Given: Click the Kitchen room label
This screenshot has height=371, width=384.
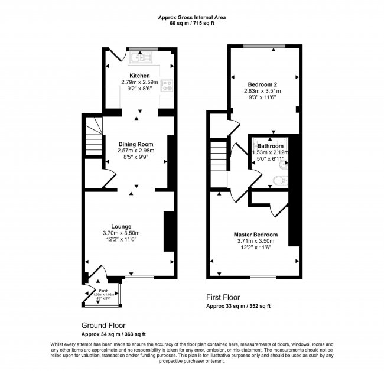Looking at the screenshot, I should pos(139,76).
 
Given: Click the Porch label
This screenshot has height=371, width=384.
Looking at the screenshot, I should pos(103,291).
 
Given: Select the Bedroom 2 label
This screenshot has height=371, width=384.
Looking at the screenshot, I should pos(262,84).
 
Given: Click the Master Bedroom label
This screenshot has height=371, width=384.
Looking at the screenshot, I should pos(255,235).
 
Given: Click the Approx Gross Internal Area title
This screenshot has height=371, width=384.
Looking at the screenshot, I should pos(191,17).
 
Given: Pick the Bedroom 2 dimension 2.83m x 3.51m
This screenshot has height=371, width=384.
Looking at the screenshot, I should pos(262,91).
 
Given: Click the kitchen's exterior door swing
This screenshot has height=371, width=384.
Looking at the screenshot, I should pos(116,56).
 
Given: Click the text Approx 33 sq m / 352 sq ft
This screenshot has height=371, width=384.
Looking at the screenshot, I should pos(238,307).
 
